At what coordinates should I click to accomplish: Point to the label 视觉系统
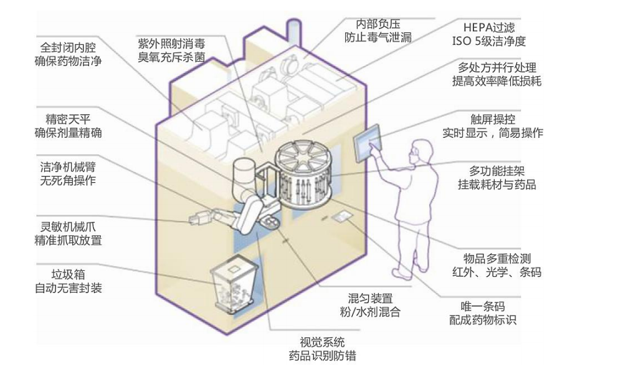[x=322, y=342]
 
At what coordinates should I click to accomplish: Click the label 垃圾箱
[x=68, y=274]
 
